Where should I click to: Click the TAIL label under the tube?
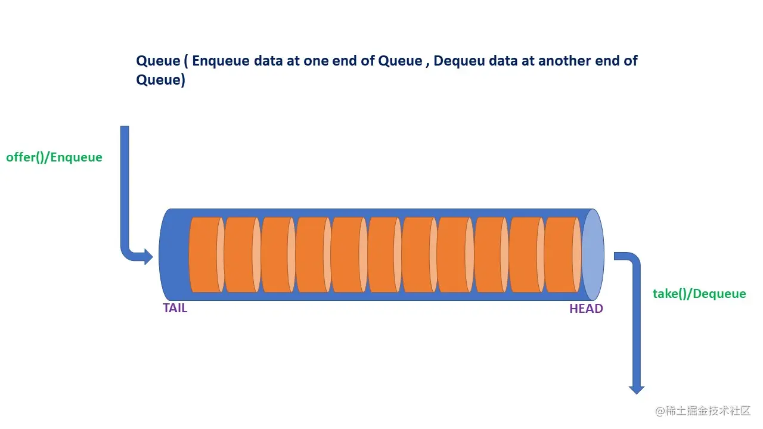[175, 308]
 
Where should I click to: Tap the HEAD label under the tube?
[586, 309]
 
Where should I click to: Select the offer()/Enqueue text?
[54, 157]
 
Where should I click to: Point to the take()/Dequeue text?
[699, 293]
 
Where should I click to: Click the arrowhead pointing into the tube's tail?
[147, 257]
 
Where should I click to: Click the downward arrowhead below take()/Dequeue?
[637, 388]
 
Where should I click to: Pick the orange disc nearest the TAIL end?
[204, 255]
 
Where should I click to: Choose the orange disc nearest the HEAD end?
[560, 255]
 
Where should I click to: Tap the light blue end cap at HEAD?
[593, 255]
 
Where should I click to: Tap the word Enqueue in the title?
[221, 61]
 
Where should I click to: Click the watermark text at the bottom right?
[703, 411]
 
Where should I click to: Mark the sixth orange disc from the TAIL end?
[383, 255]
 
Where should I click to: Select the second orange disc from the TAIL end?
[240, 255]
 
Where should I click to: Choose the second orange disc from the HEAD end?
[525, 255]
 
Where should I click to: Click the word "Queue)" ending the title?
[160, 80]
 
